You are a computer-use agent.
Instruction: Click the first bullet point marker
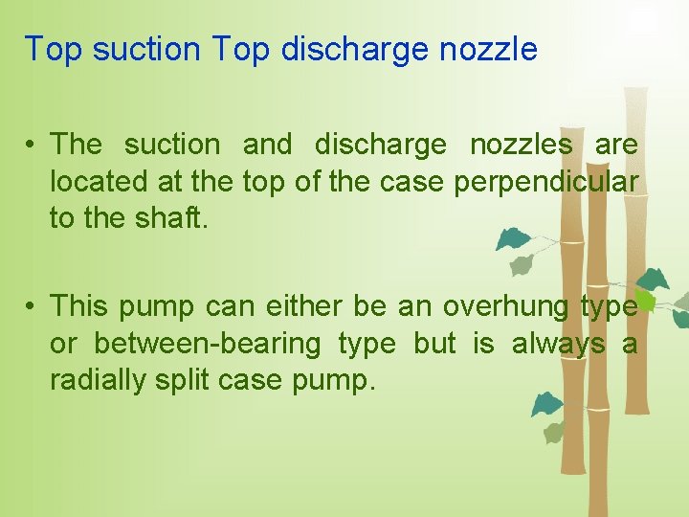(32, 145)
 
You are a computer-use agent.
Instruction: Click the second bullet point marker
(32, 306)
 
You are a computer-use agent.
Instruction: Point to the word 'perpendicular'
(545, 181)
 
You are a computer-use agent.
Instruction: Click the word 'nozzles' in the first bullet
(521, 145)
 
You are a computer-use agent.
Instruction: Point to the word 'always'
(558, 343)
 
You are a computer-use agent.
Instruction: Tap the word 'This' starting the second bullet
(79, 306)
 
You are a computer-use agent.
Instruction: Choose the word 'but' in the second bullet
(434, 343)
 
